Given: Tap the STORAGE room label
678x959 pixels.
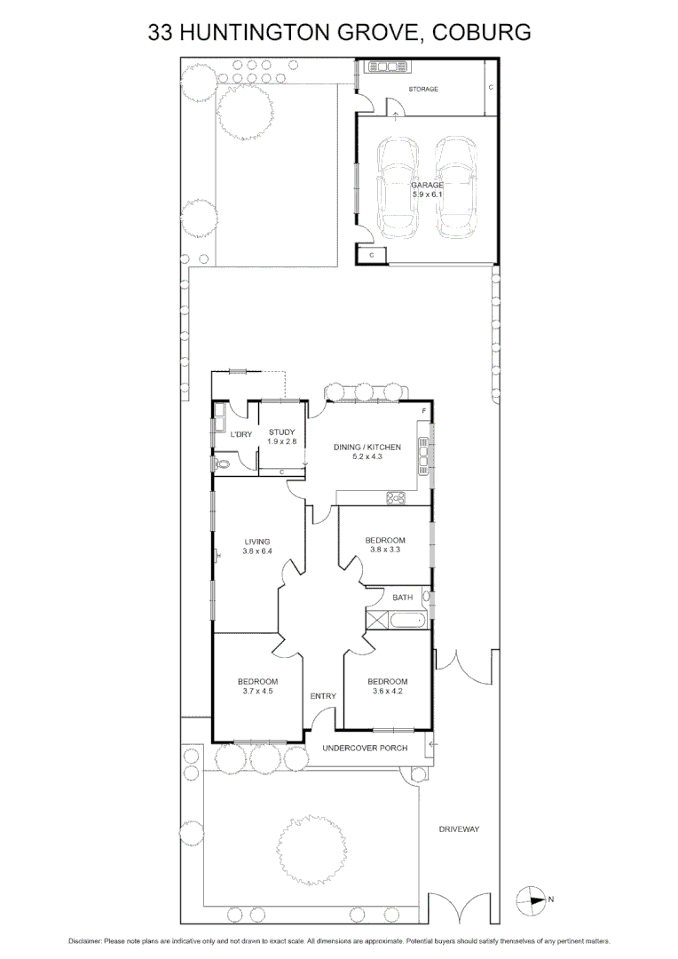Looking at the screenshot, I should [423, 90].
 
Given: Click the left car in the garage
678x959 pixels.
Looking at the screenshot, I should [397, 188].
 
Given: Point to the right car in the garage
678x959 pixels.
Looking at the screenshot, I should [454, 188].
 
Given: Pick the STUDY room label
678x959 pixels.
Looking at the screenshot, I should [281, 432].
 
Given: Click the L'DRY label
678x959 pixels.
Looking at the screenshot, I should [241, 434].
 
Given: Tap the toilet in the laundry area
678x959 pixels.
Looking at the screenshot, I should [223, 463].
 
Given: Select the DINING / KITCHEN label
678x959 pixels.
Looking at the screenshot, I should [367, 447].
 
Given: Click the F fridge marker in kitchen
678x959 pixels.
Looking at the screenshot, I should [424, 412].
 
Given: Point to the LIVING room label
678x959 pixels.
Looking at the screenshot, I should [257, 542].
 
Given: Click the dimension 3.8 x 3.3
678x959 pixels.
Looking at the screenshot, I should [386, 550].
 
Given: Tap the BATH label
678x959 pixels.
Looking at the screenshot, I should [403, 598].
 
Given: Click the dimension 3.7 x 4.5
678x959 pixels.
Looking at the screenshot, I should [257, 691].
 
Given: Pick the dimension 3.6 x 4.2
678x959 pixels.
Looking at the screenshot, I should [388, 691].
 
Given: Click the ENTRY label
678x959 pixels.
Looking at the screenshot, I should [323, 696].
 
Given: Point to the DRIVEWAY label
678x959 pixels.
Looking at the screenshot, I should [459, 828].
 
